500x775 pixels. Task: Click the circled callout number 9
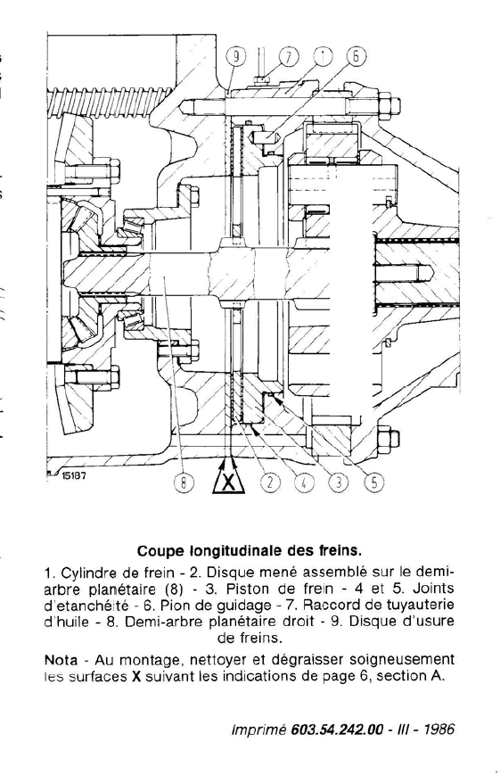point(235,57)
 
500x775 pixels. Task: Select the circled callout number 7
point(290,57)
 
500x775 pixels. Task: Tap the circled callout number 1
point(322,57)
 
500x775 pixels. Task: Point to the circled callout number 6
point(357,57)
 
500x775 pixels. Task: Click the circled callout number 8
point(183,482)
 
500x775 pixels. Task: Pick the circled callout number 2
point(270,482)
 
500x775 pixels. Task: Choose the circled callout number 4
point(304,482)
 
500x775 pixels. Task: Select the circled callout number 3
point(339,482)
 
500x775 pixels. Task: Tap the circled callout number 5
point(374,482)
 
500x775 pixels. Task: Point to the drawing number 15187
point(74,476)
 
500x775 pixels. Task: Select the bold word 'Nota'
point(61,660)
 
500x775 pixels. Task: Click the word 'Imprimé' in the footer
point(259,730)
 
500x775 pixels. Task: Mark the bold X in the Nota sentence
point(137,676)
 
